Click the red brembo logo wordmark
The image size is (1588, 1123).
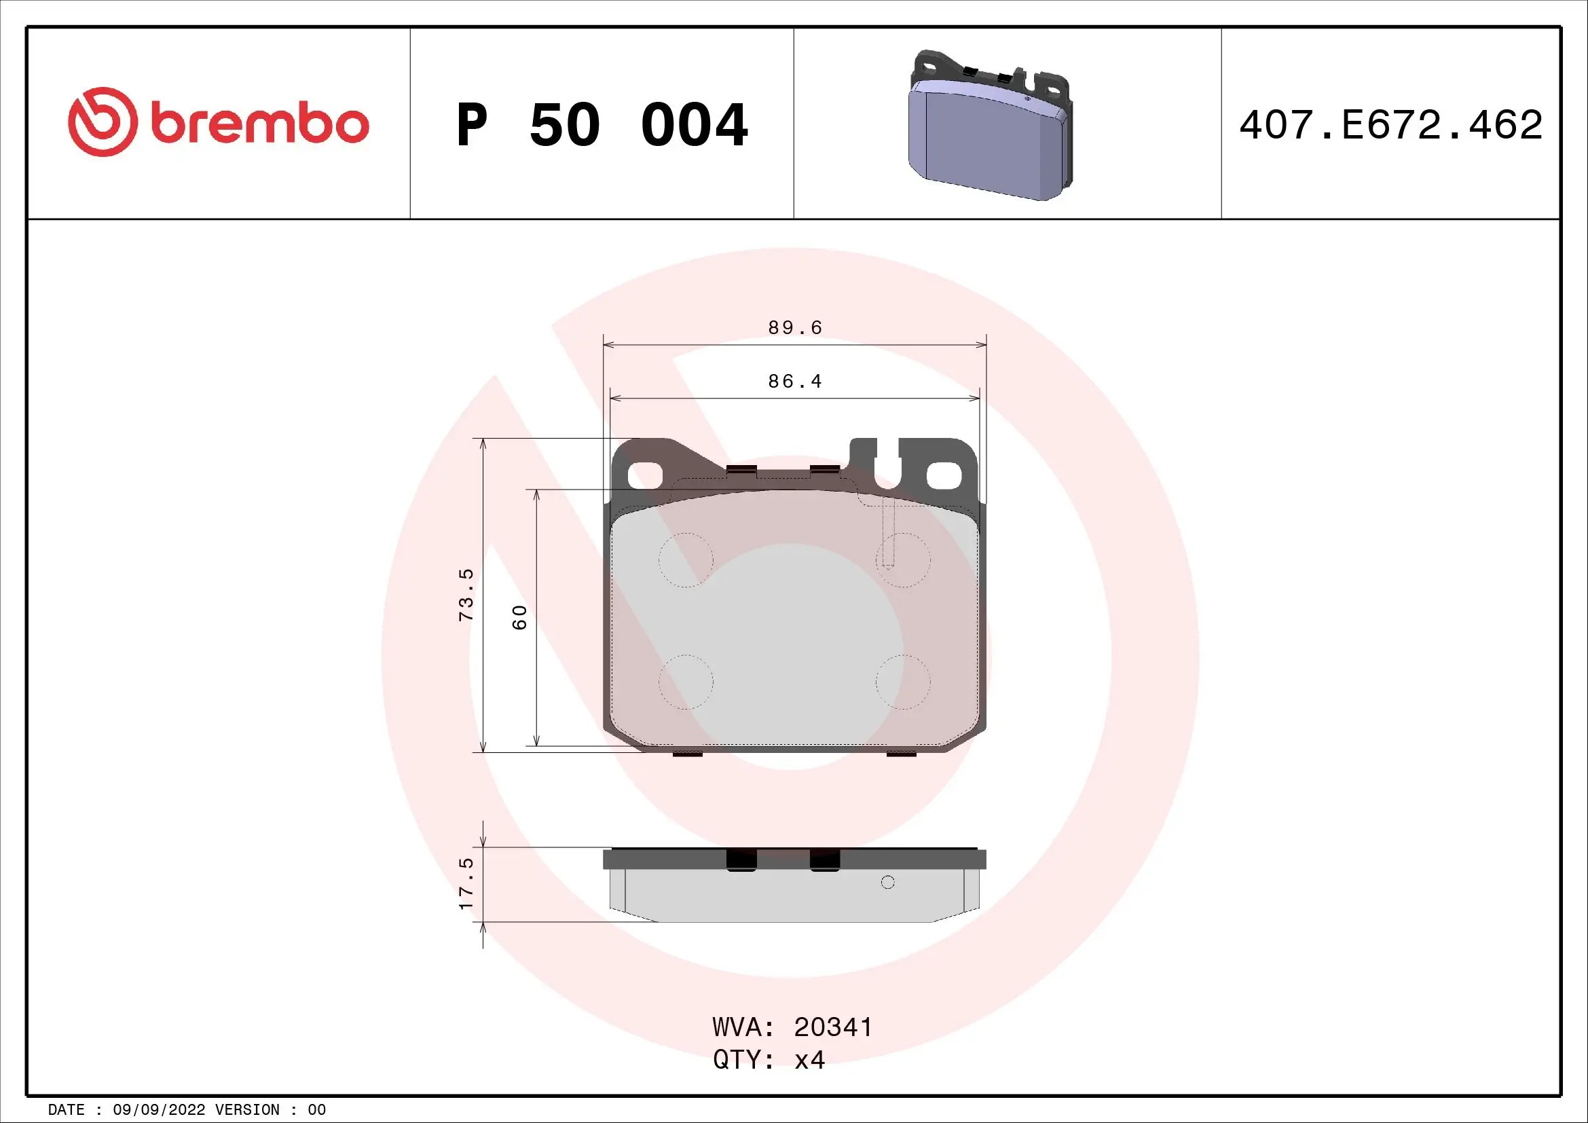(x=259, y=124)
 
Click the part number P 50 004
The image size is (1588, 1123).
(x=602, y=125)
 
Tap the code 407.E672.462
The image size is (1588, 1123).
(x=1390, y=125)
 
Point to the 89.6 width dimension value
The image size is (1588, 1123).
(x=795, y=327)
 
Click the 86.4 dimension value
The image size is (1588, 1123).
(x=795, y=381)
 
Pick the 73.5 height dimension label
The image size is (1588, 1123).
(x=467, y=595)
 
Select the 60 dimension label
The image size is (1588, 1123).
(x=519, y=616)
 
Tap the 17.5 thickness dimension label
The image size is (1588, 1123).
(x=467, y=883)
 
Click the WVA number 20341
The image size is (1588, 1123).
(x=833, y=1027)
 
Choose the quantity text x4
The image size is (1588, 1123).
(x=809, y=1060)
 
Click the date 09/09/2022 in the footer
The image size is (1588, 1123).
(x=159, y=1110)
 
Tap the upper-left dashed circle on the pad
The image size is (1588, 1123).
(x=686, y=560)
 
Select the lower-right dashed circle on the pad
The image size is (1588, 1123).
(x=902, y=682)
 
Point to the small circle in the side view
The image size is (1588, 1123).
(x=888, y=882)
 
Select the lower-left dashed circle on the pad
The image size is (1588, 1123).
(x=686, y=682)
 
